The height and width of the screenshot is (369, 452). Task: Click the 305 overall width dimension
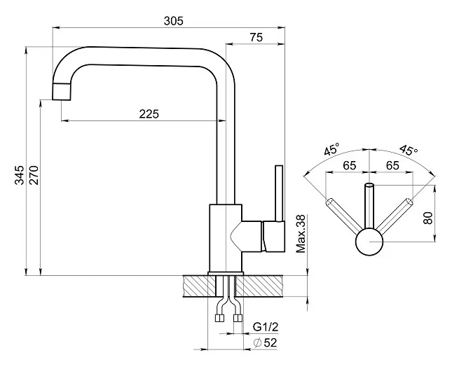[x=173, y=21]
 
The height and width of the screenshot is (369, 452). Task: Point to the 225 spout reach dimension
[x=149, y=114]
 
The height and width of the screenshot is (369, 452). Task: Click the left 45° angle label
[x=331, y=151]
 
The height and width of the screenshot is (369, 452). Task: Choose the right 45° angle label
[x=408, y=151]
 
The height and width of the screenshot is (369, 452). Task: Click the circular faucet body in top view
[x=371, y=243]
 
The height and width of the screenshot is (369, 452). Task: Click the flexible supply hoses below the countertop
[x=228, y=308]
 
